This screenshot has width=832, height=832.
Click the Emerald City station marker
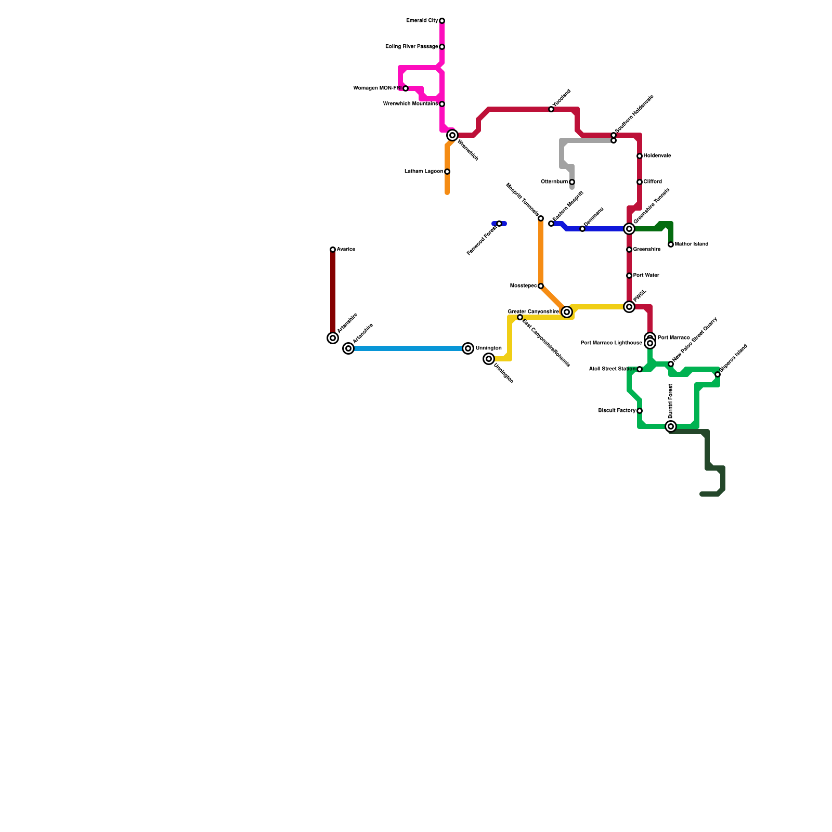tap(442, 21)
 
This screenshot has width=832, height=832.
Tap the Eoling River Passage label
tap(411, 47)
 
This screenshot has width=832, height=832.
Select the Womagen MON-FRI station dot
tap(406, 88)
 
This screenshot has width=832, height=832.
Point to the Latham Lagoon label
tap(423, 172)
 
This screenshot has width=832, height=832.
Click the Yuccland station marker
tap(551, 109)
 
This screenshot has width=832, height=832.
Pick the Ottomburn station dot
tap(572, 182)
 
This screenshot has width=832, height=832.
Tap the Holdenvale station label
tap(657, 156)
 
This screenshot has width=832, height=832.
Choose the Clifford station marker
tap(640, 182)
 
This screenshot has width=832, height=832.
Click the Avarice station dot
tap(333, 250)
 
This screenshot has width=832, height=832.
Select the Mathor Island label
tap(691, 244)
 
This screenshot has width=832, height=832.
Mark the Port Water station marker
tap(629, 276)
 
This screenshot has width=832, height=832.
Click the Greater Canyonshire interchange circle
tap(567, 312)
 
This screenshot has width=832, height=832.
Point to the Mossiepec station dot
tap(541, 286)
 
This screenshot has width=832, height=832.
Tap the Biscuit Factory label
tap(617, 411)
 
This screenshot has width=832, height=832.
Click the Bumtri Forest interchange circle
tap(671, 426)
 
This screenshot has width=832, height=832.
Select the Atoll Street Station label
tap(612, 369)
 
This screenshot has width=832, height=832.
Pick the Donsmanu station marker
tap(582, 229)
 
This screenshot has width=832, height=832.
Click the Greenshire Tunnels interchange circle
tap(629, 229)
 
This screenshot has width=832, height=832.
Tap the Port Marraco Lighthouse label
tap(611, 343)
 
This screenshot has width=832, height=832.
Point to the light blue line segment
tap(408, 348)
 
